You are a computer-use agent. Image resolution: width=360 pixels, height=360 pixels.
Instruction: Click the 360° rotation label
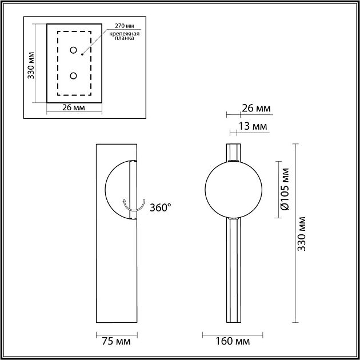tap(160, 207)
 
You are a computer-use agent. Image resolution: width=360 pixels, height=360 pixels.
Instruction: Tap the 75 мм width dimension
tap(116, 341)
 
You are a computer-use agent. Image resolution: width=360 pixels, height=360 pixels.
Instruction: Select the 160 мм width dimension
tap(233, 341)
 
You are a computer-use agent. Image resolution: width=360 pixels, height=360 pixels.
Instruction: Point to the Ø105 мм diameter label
tap(285, 189)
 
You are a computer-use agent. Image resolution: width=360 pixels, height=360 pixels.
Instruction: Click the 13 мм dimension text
tap(253, 126)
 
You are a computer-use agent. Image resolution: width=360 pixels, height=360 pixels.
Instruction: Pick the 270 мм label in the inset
tap(124, 26)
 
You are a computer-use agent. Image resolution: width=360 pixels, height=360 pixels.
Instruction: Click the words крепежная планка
tap(124, 36)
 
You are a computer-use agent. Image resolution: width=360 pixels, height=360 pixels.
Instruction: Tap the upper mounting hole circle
tap(73, 50)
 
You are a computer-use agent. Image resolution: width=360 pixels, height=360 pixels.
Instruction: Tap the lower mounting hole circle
tap(73, 75)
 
